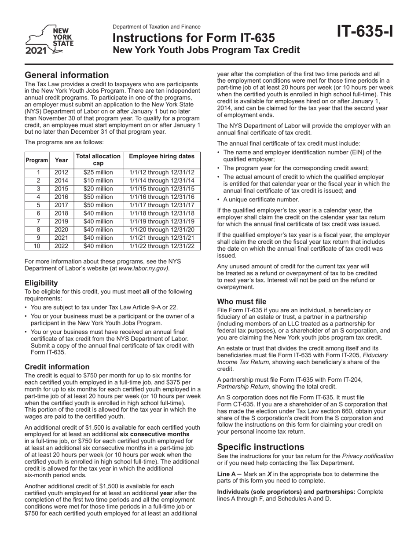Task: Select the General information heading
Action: click(66, 75)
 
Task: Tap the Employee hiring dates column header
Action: click(161, 156)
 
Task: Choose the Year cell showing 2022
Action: click(61, 246)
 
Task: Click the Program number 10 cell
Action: click(37, 246)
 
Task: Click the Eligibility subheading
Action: click(41, 283)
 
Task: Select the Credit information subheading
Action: click(57, 367)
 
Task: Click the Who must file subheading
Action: click(242, 302)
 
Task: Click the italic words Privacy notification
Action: click(367, 456)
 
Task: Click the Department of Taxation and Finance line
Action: click(157, 27)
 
